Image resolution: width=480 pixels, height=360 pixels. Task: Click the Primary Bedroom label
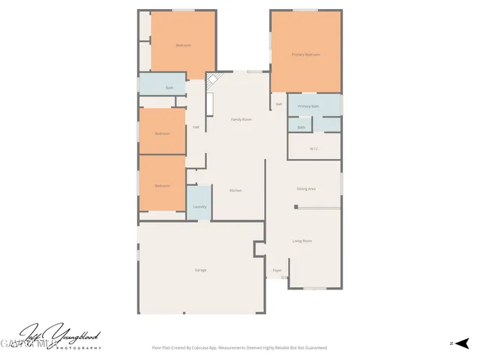click(306, 55)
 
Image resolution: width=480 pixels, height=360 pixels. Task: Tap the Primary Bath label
click(308, 106)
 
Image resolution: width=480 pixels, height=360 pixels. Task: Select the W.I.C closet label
click(314, 148)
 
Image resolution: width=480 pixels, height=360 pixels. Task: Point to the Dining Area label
click(306, 189)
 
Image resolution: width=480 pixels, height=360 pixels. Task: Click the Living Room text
click(302, 241)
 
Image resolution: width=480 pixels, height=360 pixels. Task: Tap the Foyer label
click(277, 270)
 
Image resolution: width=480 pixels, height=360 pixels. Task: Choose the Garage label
click(200, 270)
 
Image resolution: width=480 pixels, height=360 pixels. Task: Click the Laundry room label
click(199, 207)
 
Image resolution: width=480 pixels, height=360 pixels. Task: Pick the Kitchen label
click(235, 190)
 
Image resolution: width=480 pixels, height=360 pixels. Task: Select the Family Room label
click(241, 120)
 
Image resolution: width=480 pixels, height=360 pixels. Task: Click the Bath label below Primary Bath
click(301, 127)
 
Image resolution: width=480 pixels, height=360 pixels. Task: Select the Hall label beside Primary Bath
click(278, 104)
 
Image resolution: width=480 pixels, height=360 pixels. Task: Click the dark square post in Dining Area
click(296, 208)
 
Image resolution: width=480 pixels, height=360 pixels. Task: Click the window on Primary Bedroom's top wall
click(305, 10)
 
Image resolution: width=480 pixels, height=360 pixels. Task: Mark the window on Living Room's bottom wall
click(315, 289)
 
